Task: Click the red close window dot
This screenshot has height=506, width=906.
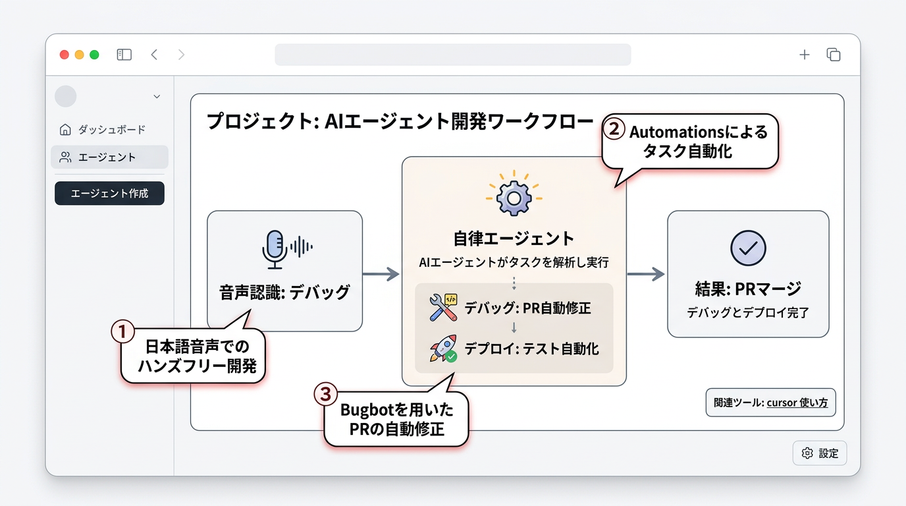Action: (x=64, y=55)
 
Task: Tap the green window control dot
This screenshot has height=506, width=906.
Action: (x=94, y=55)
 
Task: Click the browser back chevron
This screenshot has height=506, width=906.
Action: (x=154, y=55)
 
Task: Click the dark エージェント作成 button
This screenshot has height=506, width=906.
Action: (x=109, y=194)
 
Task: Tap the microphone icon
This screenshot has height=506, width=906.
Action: (x=275, y=249)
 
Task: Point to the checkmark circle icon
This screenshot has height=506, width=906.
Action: (x=748, y=248)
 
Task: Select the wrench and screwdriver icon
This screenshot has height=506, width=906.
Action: (x=443, y=308)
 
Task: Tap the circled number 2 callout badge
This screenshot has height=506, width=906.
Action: (x=614, y=128)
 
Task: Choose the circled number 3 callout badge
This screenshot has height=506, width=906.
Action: (x=325, y=394)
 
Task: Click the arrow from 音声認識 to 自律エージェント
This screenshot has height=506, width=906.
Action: (x=381, y=274)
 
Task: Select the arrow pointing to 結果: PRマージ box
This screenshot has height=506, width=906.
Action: (x=646, y=274)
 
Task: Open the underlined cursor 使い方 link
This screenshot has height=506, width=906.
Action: (x=797, y=403)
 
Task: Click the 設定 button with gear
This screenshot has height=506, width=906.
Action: (x=820, y=453)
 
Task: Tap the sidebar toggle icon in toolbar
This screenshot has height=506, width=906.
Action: (x=124, y=55)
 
